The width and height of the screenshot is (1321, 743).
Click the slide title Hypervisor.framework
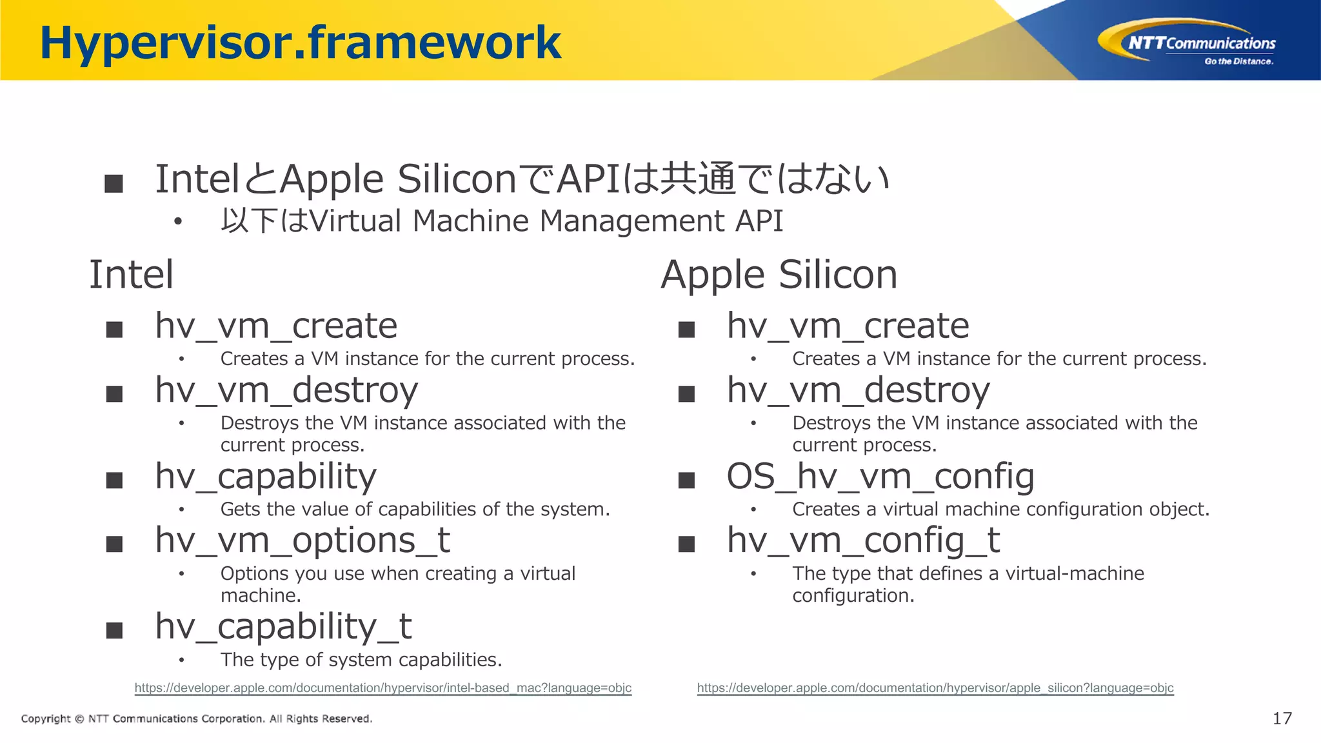click(x=301, y=43)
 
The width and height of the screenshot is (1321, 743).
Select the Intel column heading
click(x=131, y=275)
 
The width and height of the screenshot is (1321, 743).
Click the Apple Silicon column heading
click(x=779, y=275)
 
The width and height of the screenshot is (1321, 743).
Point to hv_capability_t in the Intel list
click(x=283, y=626)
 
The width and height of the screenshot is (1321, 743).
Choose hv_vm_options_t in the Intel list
click(x=303, y=540)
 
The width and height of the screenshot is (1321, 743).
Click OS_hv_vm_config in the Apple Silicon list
click(x=880, y=477)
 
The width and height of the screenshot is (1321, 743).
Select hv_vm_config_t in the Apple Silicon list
click(x=863, y=540)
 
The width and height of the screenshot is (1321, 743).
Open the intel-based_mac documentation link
click(x=382, y=688)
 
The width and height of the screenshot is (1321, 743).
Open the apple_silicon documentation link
click(x=935, y=688)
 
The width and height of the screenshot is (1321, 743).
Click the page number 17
click(x=1282, y=718)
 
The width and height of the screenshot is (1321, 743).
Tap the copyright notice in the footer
click(x=197, y=718)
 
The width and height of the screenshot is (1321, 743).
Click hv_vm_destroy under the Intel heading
click(x=286, y=390)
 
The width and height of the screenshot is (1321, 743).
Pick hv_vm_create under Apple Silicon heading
click(x=848, y=326)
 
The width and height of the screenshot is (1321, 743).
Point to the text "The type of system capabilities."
click(x=361, y=660)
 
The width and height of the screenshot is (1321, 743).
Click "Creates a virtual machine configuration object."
click(x=1000, y=509)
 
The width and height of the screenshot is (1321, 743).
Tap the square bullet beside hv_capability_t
click(x=114, y=630)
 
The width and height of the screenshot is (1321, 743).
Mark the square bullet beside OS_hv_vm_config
click(x=686, y=480)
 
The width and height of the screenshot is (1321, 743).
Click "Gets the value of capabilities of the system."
click(x=415, y=509)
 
